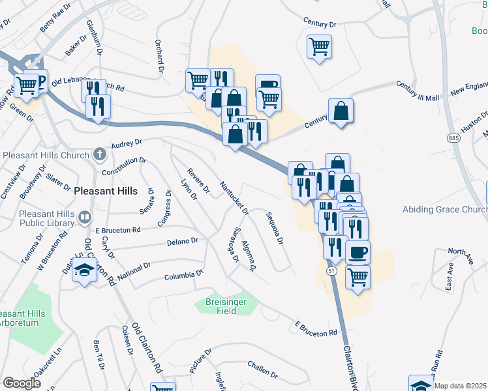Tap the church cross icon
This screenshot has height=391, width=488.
pos(99,154)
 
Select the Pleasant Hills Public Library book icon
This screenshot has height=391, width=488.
pos(85,217)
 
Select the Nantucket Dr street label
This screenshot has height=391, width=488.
pos(234,197)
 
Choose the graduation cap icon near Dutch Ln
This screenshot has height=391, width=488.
pos(84,271)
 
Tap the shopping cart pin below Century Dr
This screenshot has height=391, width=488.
pos(320,46)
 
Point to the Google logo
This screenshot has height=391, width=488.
pos(22,383)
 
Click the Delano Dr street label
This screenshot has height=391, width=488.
pos(182,241)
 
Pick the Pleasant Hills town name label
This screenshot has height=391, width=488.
pos(106,191)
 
